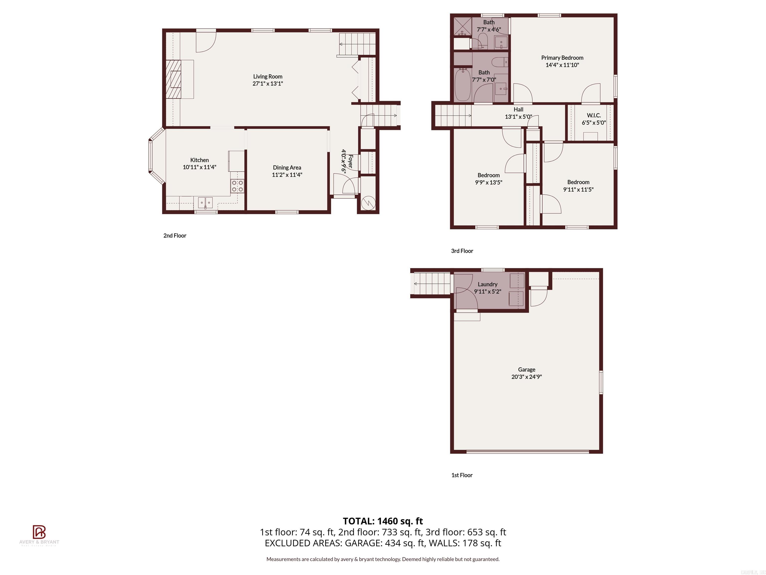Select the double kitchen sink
205,202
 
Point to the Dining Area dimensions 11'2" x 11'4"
287,175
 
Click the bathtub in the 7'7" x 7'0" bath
462,85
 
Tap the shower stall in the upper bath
462,27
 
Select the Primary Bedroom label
562,58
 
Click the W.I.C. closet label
593,115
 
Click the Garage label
526,369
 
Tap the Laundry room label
487,284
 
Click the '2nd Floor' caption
175,236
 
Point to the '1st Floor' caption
462,475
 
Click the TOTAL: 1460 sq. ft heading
383,521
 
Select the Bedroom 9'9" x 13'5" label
488,175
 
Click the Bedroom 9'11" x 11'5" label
578,182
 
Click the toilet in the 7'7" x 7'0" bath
499,62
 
